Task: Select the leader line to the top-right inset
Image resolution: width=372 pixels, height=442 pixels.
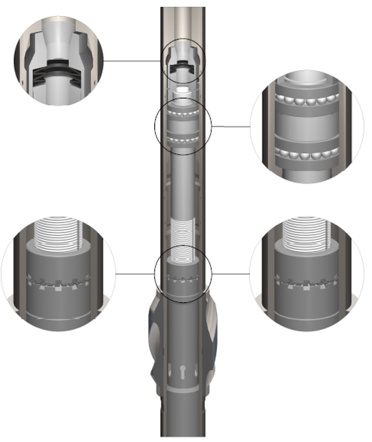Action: tap(231, 126)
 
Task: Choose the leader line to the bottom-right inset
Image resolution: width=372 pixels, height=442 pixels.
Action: tap(231, 274)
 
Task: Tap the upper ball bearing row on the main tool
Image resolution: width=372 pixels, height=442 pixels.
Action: tap(183, 111)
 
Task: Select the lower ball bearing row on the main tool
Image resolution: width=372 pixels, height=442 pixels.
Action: tap(183, 139)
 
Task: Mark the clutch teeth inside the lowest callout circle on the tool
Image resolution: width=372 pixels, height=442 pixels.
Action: tap(183, 277)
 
